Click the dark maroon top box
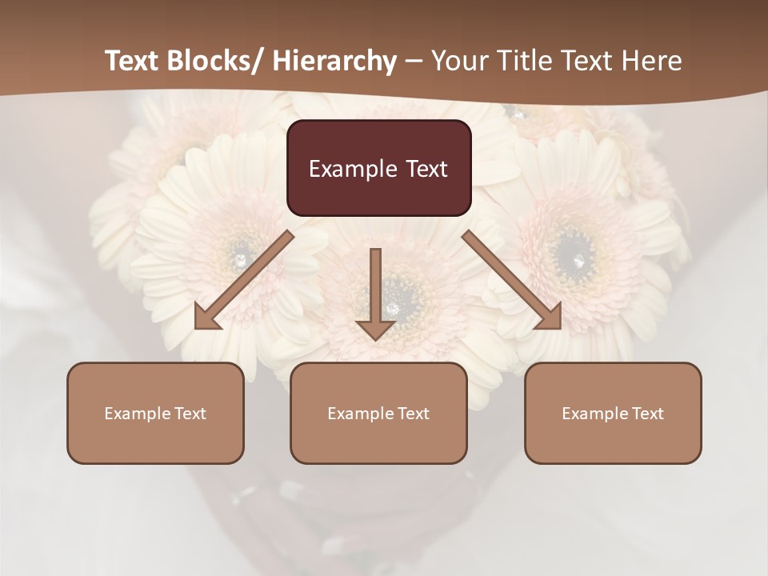(x=378, y=168)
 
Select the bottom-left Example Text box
(x=155, y=413)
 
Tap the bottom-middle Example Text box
(x=378, y=413)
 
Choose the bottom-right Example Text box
(x=613, y=413)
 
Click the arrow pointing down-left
(x=240, y=280)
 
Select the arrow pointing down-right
(x=512, y=280)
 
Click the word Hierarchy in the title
(x=334, y=61)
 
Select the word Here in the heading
(x=654, y=61)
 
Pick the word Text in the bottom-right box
(x=647, y=414)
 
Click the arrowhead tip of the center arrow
(x=375, y=339)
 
